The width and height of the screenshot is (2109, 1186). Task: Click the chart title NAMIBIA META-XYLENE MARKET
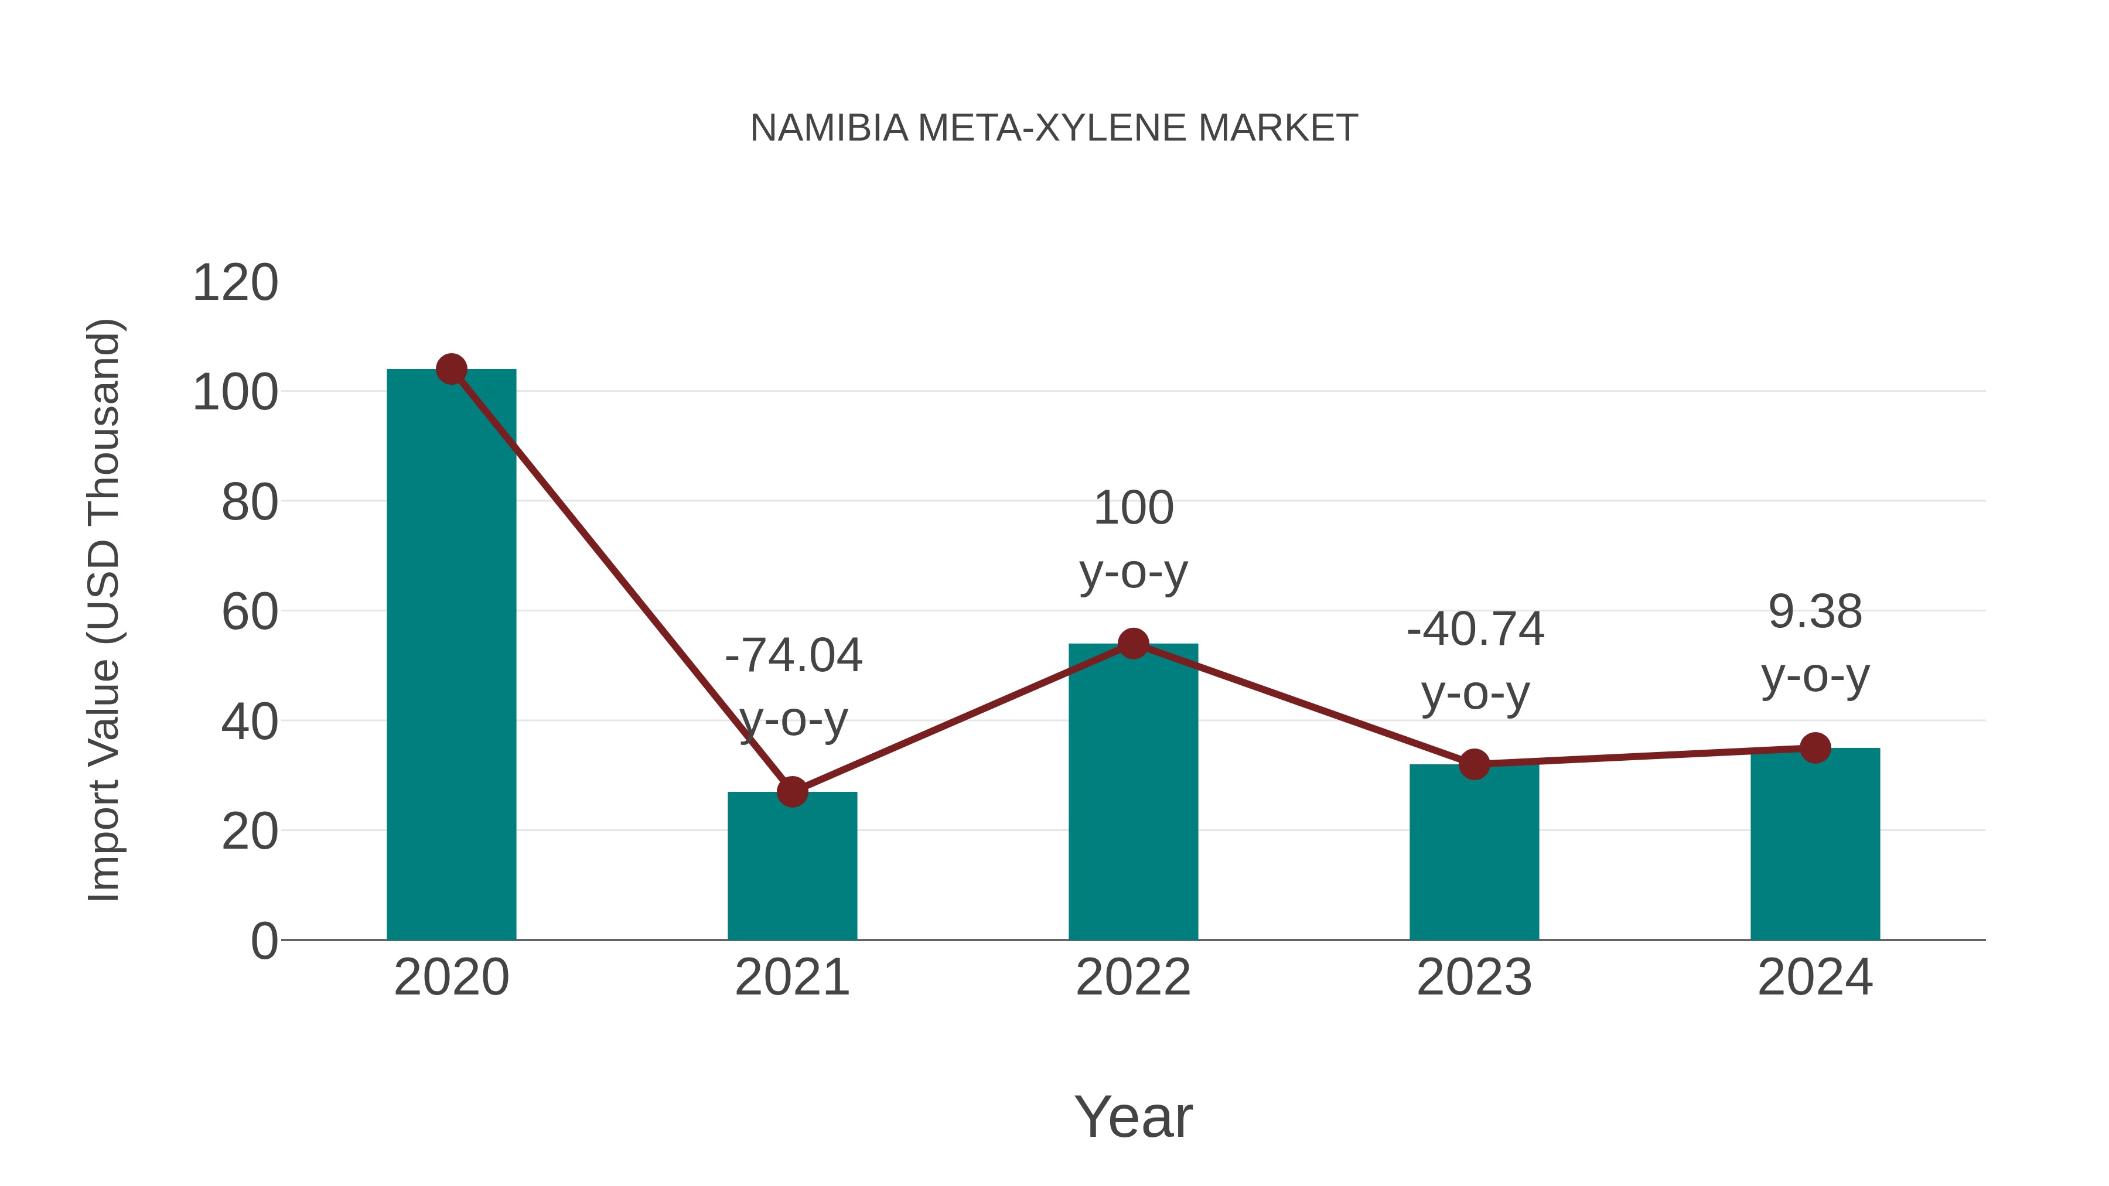(x=1054, y=128)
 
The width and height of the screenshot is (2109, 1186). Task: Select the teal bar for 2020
(x=451, y=655)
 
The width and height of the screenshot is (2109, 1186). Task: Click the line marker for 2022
(x=1133, y=644)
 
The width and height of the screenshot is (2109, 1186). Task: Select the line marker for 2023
(x=1474, y=764)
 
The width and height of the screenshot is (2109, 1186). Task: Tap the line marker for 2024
(x=1815, y=747)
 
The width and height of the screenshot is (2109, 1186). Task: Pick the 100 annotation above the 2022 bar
(x=1133, y=508)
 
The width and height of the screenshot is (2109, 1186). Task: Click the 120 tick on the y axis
(x=235, y=283)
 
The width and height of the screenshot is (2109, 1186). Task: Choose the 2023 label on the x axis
(x=1474, y=977)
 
